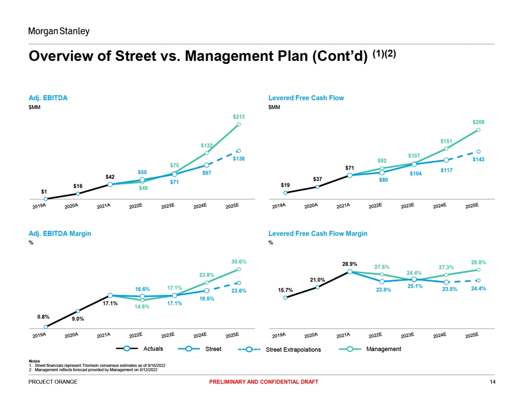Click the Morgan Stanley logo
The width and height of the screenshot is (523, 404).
[59, 31]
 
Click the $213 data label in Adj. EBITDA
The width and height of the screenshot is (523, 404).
[239, 117]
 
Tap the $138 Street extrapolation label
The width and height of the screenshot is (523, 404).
[239, 158]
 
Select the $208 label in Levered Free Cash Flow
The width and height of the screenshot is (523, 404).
[478, 122]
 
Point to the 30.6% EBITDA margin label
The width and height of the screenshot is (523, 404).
[239, 261]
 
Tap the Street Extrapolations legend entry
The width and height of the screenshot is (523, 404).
[293, 350]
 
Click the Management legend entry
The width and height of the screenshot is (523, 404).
[383, 349]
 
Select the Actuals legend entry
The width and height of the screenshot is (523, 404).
[153, 349]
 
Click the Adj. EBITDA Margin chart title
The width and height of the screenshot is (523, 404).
[60, 233]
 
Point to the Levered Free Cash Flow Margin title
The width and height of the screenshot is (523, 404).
[317, 233]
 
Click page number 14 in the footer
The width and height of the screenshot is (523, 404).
[492, 382]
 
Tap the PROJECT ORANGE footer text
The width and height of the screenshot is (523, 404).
[53, 382]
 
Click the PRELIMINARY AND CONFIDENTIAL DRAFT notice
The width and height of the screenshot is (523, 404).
[263, 382]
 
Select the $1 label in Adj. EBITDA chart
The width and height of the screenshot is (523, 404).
[44, 191]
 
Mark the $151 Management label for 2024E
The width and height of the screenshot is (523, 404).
[446, 142]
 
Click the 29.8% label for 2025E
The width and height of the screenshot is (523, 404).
[478, 263]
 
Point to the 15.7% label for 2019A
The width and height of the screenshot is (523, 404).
[285, 290]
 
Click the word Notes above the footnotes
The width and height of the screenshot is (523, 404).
[35, 361]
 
